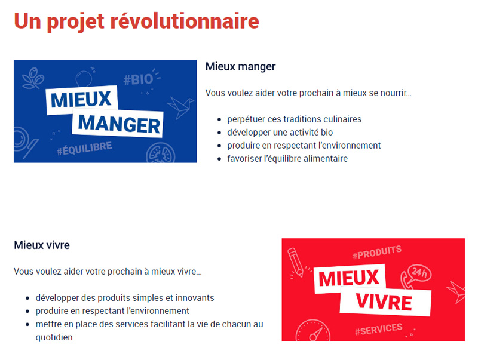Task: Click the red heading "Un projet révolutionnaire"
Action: pyautogui.click(x=136, y=21)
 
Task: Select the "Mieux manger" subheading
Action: pyautogui.click(x=241, y=67)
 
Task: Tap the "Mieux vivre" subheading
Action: pyautogui.click(x=42, y=245)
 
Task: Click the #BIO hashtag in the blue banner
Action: pyautogui.click(x=138, y=79)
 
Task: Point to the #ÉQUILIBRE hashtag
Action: pyautogui.click(x=84, y=148)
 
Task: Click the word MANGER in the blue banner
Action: pyautogui.click(x=119, y=124)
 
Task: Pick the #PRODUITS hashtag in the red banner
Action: pyautogui.click(x=377, y=253)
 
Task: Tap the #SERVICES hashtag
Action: pyautogui.click(x=379, y=329)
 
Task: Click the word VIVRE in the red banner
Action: pyautogui.click(x=384, y=302)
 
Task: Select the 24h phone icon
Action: pyautogui.click(x=416, y=275)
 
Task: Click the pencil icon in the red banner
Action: pyautogui.click(x=295, y=261)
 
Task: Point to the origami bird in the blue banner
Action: pyautogui.click(x=180, y=107)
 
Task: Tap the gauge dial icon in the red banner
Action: pyautogui.click(x=313, y=331)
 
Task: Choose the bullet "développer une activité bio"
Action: pyautogui.click(x=280, y=133)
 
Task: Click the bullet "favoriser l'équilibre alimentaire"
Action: pyautogui.click(x=287, y=159)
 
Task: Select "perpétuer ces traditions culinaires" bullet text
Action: pyautogui.click(x=294, y=119)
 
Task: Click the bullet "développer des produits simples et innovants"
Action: pyautogui.click(x=125, y=298)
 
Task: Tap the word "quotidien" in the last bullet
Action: pyautogui.click(x=54, y=337)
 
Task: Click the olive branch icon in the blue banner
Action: pyautogui.click(x=33, y=78)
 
